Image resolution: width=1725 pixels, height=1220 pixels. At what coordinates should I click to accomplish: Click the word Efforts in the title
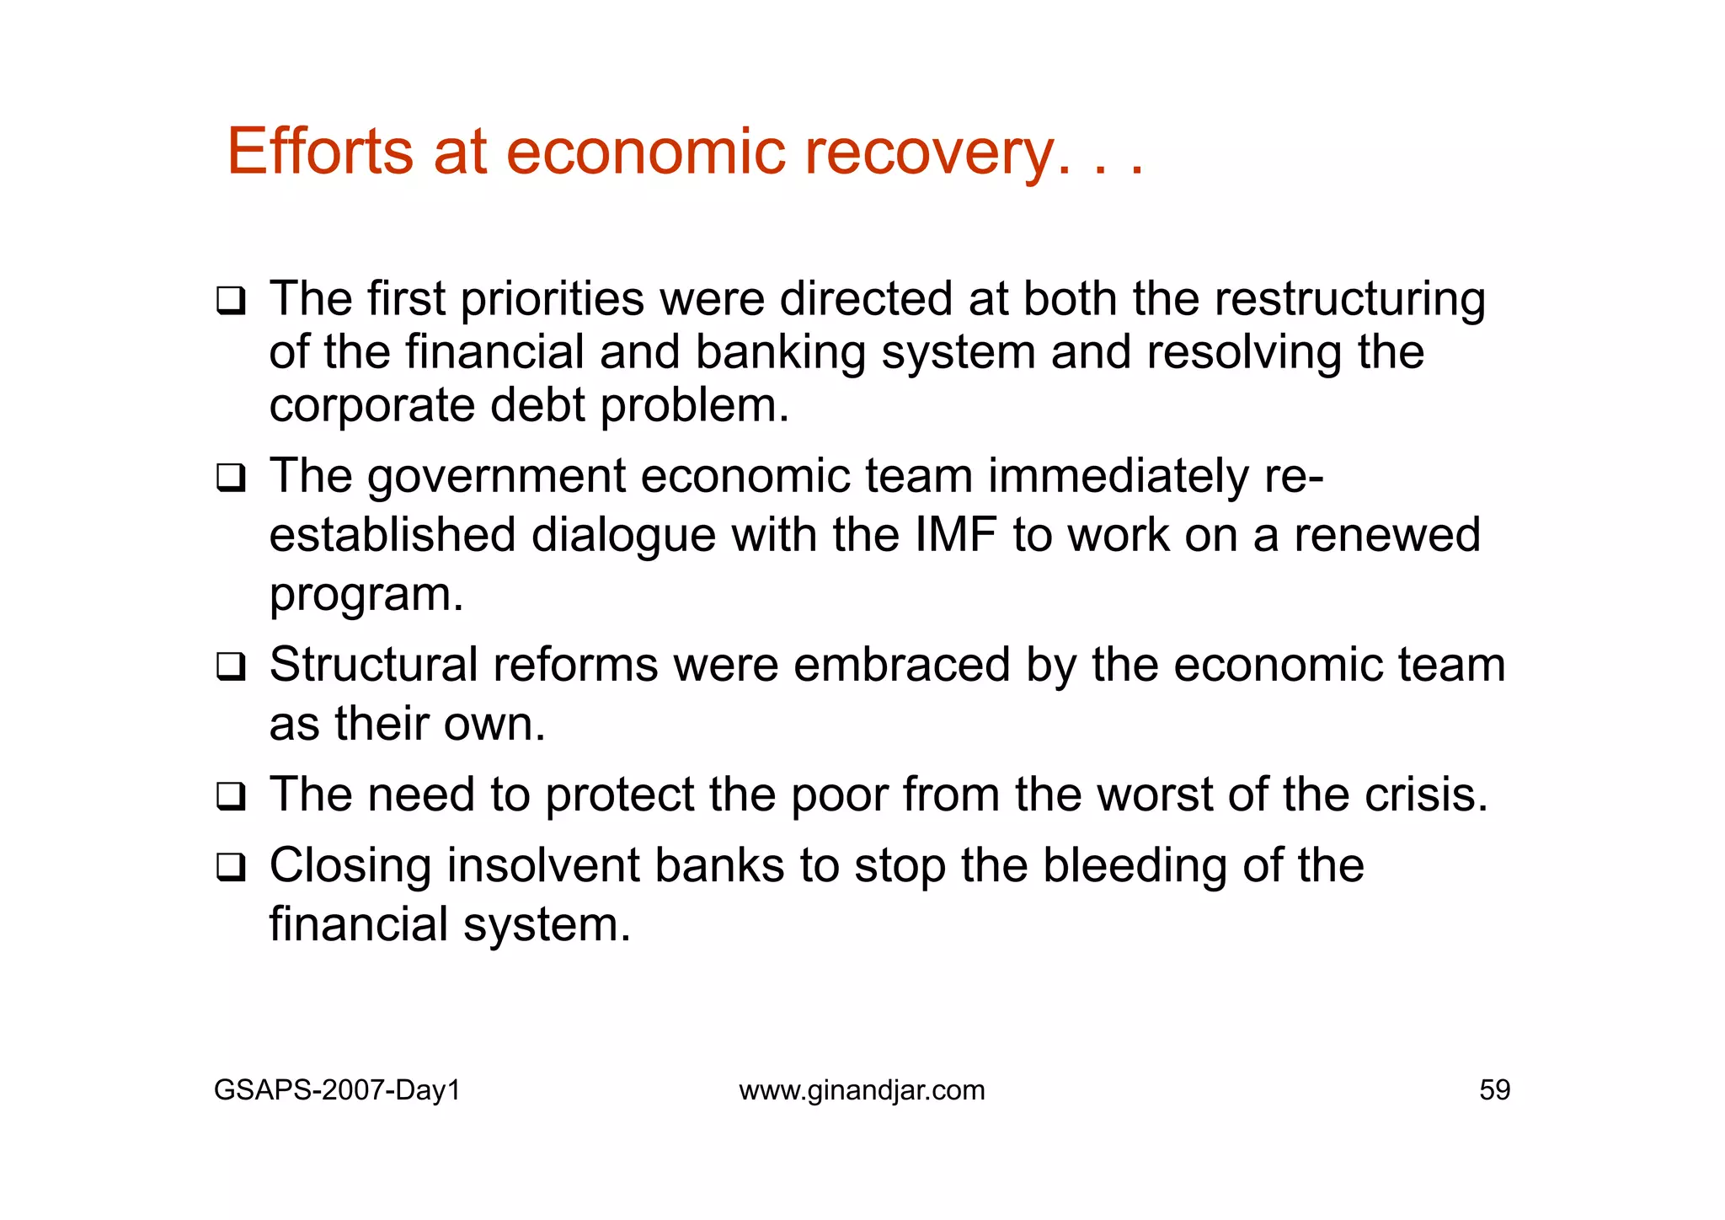click(320, 152)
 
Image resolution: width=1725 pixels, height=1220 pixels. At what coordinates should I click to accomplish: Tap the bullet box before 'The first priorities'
click(231, 301)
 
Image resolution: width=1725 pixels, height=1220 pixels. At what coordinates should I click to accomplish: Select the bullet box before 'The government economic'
click(231, 478)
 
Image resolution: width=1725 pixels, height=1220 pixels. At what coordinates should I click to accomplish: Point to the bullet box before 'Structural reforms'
click(231, 666)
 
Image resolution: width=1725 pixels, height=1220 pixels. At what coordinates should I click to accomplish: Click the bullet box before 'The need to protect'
click(231, 796)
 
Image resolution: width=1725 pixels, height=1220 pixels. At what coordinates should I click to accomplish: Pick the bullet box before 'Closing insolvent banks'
click(231, 867)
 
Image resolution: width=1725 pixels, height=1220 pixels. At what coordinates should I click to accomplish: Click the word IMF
click(955, 535)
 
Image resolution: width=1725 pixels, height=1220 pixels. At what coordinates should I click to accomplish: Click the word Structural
click(373, 665)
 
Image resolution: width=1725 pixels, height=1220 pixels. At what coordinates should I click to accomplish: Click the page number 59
click(1494, 1090)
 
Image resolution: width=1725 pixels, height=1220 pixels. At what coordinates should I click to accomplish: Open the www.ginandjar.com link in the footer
click(862, 1090)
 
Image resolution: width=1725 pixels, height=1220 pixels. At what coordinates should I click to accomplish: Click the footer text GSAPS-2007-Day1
click(337, 1090)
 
